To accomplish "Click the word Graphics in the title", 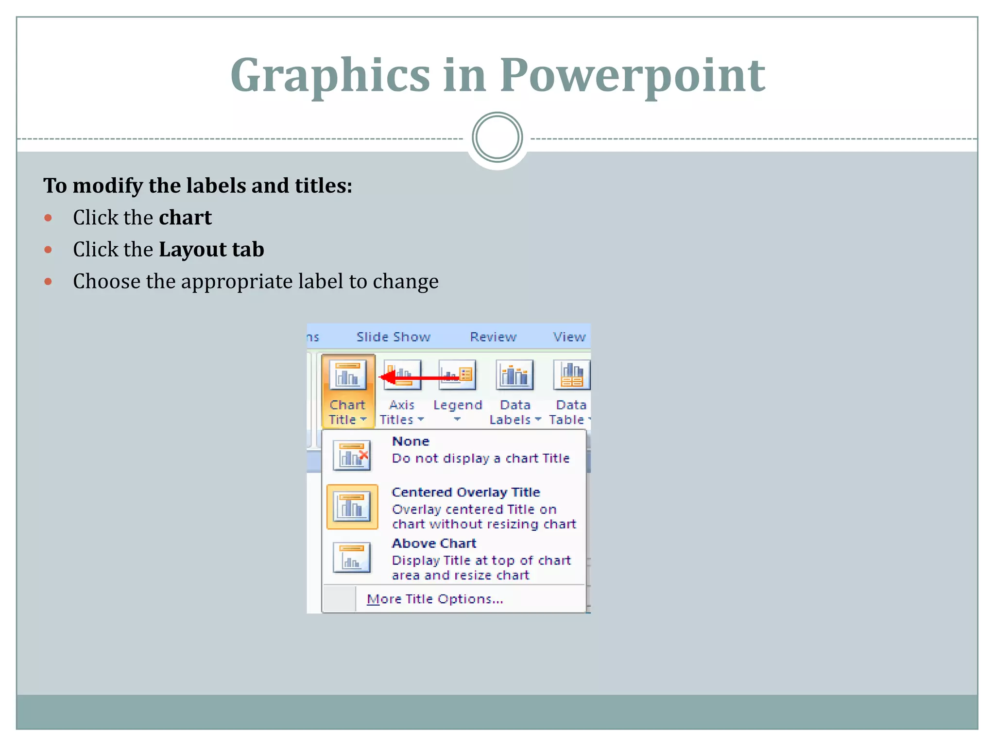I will click(x=330, y=75).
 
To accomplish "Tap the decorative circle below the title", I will click(x=497, y=137).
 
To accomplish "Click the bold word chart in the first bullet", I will click(x=185, y=218).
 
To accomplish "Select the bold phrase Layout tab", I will click(x=211, y=250).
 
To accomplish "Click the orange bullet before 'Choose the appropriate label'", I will click(x=48, y=282).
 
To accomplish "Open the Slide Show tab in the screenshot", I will click(x=393, y=337).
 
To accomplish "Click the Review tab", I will click(x=493, y=337).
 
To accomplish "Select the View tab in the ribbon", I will click(x=569, y=337).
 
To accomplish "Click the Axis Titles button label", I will click(x=401, y=412).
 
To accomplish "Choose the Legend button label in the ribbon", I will click(x=457, y=405).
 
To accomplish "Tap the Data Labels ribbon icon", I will click(x=514, y=375).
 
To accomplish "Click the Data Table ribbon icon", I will click(x=571, y=375).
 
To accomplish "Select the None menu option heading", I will click(x=411, y=441).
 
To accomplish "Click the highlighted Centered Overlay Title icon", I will click(x=352, y=507).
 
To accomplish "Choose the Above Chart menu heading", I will click(x=434, y=543).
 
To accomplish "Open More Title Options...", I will click(x=434, y=599).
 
